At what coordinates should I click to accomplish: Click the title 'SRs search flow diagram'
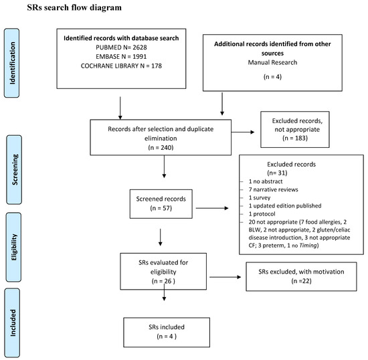click(x=74, y=7)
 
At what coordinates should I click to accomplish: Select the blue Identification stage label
click(x=12, y=63)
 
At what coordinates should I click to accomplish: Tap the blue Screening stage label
click(x=14, y=169)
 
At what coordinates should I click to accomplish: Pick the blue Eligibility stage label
click(x=13, y=247)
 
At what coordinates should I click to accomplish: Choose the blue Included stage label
click(x=12, y=323)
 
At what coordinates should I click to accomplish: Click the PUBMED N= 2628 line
click(x=121, y=48)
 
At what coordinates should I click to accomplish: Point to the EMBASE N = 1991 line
click(x=121, y=57)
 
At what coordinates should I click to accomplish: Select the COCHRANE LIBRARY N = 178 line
click(x=121, y=66)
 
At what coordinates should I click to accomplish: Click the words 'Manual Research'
click(x=272, y=62)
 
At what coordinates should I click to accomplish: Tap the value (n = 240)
click(x=161, y=147)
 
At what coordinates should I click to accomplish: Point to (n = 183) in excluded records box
click(x=295, y=138)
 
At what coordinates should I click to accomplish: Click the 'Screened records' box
click(x=161, y=204)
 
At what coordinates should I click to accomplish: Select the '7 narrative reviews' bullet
click(x=273, y=189)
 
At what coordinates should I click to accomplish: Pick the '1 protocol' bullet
click(x=262, y=214)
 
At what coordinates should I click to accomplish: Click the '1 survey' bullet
click(x=260, y=197)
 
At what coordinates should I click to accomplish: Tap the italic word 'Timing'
click(x=308, y=246)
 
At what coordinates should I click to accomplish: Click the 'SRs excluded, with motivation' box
click(x=301, y=276)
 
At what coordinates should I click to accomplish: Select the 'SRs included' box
click(x=167, y=333)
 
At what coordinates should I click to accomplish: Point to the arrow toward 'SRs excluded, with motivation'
click(x=225, y=277)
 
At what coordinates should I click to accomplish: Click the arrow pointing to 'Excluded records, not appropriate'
click(x=243, y=132)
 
